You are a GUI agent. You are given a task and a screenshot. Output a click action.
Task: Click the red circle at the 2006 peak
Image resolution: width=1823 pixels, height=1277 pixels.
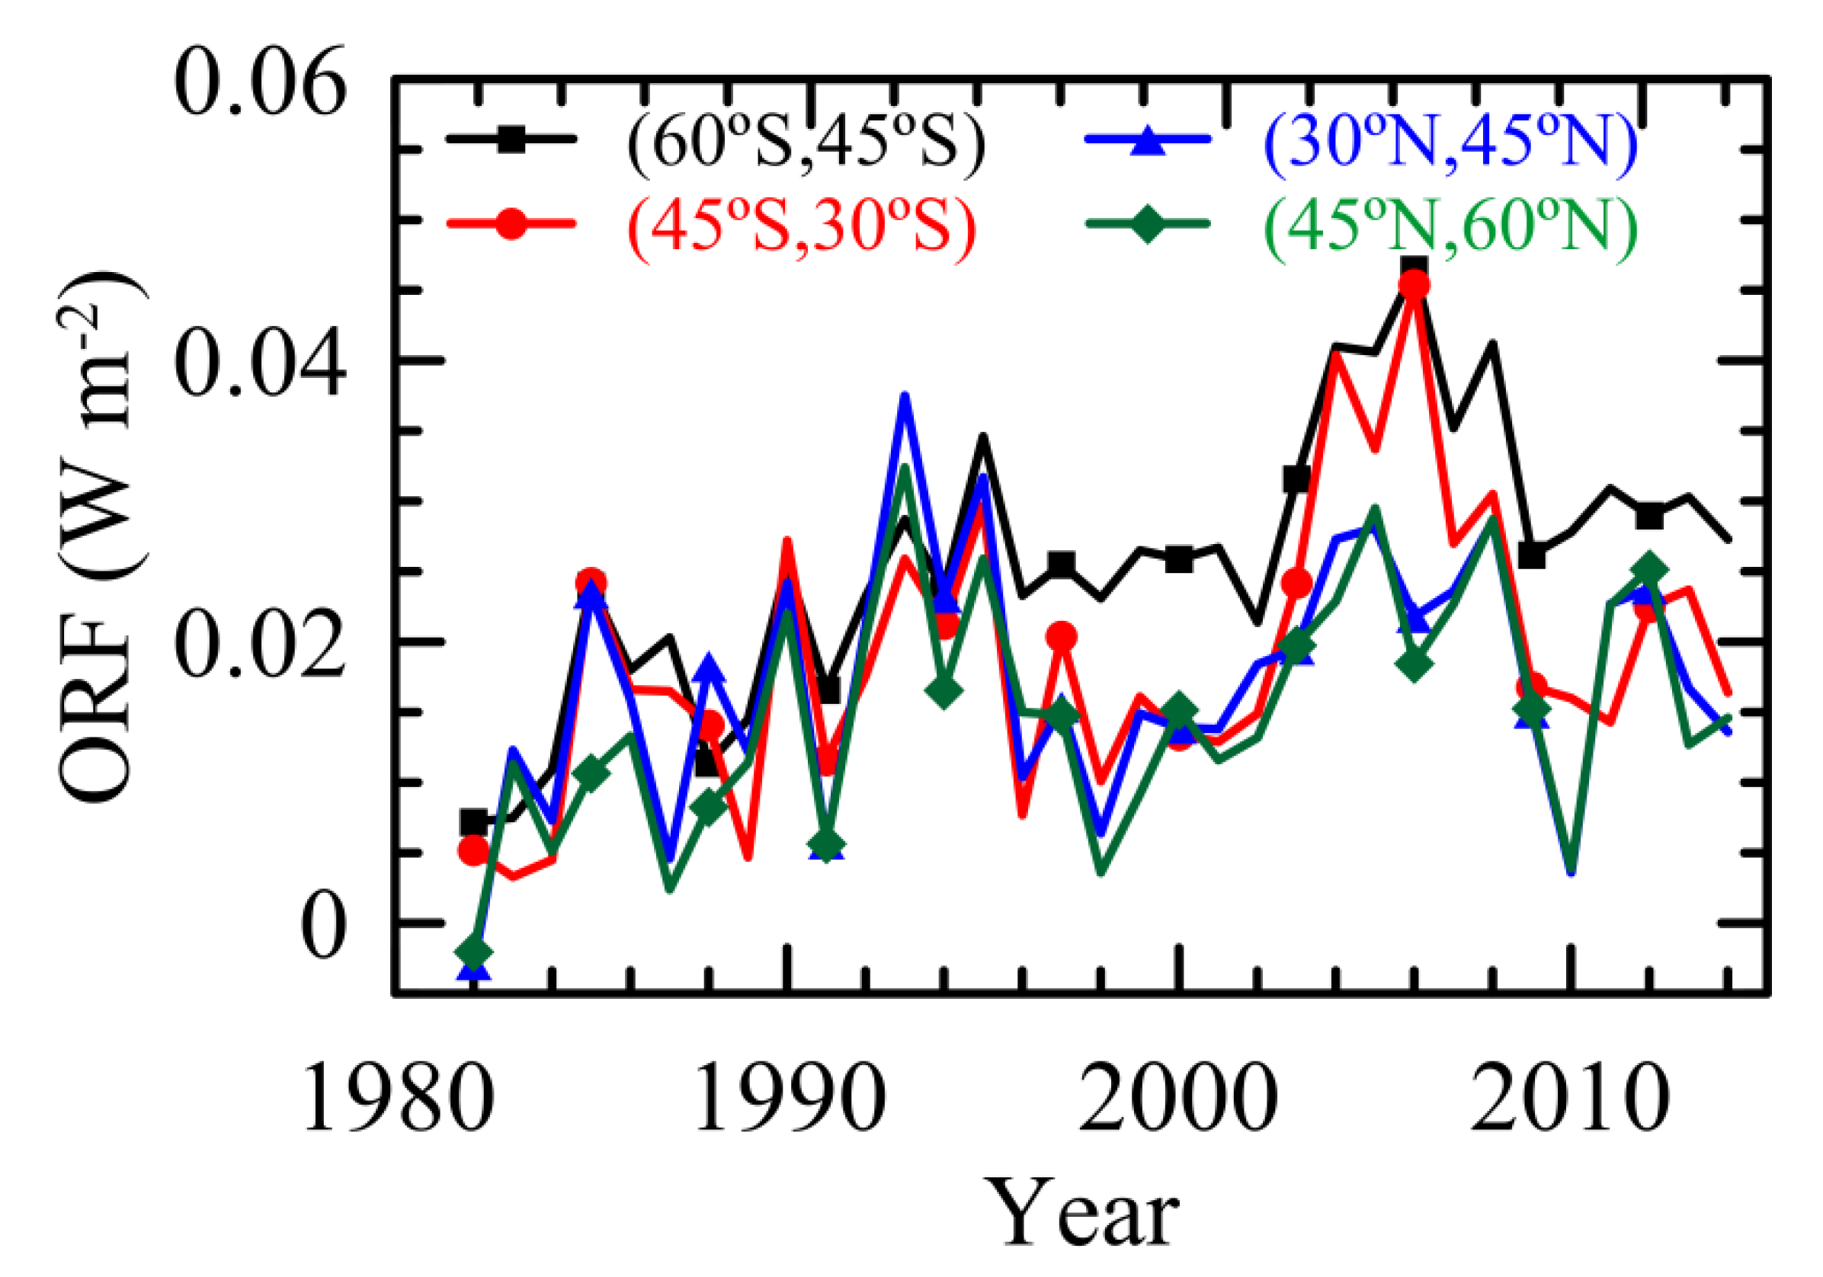(1414, 285)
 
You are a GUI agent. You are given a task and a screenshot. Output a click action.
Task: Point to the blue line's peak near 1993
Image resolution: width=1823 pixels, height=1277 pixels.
(905, 397)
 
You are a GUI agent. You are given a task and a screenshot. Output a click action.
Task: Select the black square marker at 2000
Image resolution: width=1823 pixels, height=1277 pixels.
(1179, 559)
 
